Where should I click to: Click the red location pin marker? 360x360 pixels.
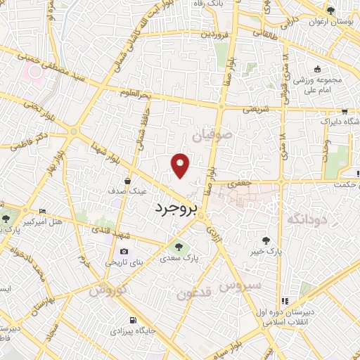point(181,165)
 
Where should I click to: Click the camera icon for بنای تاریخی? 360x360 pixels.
point(124,252)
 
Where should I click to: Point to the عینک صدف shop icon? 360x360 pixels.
point(127,180)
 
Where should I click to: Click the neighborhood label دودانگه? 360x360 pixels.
point(307,220)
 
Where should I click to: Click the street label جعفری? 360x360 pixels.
point(242,183)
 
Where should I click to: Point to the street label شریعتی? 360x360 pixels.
point(256,110)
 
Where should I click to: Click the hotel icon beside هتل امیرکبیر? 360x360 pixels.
point(42,211)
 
